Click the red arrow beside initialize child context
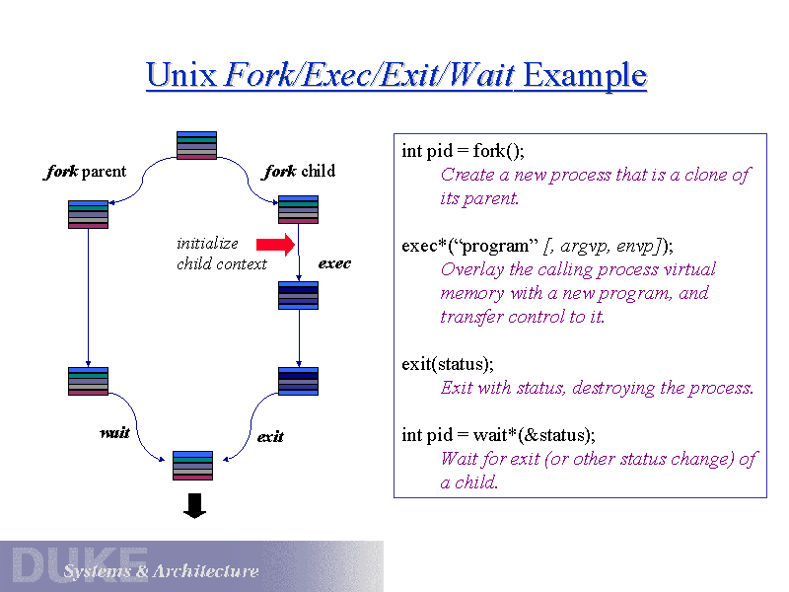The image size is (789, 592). [x=275, y=245]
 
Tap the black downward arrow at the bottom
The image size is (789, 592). [x=195, y=506]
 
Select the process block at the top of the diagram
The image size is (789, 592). [x=196, y=145]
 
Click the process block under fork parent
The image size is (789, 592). [x=89, y=214]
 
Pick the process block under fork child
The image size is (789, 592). [x=298, y=209]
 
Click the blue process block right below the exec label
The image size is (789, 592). [x=298, y=295]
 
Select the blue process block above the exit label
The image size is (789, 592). [x=298, y=381]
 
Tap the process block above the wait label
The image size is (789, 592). [x=89, y=381]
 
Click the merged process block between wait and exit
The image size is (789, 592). [x=192, y=465]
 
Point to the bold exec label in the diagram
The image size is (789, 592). [x=334, y=263]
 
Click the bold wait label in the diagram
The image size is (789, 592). [x=114, y=433]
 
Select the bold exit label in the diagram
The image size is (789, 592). [x=270, y=436]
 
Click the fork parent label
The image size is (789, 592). [x=86, y=172]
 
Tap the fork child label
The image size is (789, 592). [x=300, y=172]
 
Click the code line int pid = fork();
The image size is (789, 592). [x=463, y=151]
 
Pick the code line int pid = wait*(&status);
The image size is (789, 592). [x=498, y=435]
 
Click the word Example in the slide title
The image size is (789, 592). [x=584, y=75]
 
